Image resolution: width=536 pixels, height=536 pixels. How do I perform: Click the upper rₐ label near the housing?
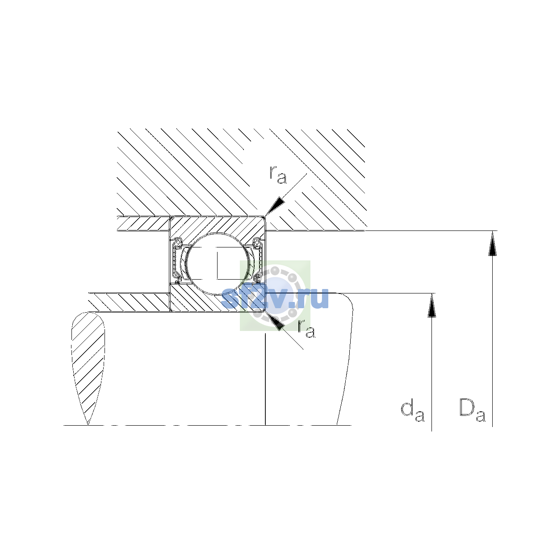pyautogui.click(x=278, y=175)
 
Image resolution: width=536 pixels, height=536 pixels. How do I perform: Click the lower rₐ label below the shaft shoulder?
pyautogui.click(x=306, y=329)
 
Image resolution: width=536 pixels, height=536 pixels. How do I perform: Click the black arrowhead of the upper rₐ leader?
pyautogui.click(x=275, y=206)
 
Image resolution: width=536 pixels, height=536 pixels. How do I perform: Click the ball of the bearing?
pyautogui.click(x=218, y=264)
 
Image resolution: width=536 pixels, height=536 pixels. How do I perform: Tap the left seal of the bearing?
pyautogui.click(x=177, y=260)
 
